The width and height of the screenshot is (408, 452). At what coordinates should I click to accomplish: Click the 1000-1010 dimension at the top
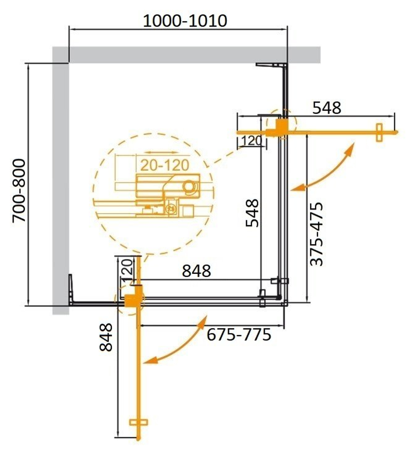click(x=184, y=20)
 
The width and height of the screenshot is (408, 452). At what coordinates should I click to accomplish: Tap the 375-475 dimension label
click(x=316, y=234)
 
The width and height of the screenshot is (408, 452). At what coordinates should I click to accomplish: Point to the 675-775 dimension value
click(x=239, y=335)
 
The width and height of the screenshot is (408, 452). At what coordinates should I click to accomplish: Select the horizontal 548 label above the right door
click(x=326, y=108)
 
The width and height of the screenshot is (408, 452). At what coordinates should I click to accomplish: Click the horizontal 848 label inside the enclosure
click(x=196, y=270)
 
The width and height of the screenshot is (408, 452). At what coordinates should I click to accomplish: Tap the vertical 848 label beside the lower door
click(x=106, y=337)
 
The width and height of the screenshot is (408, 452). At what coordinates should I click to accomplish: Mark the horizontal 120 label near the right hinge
click(x=251, y=141)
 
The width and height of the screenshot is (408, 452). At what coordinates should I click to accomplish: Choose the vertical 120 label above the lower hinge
click(x=126, y=269)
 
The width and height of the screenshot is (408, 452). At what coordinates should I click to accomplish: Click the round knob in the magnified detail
click(x=189, y=187)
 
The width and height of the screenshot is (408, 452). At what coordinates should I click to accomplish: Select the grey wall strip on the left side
click(x=60, y=184)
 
